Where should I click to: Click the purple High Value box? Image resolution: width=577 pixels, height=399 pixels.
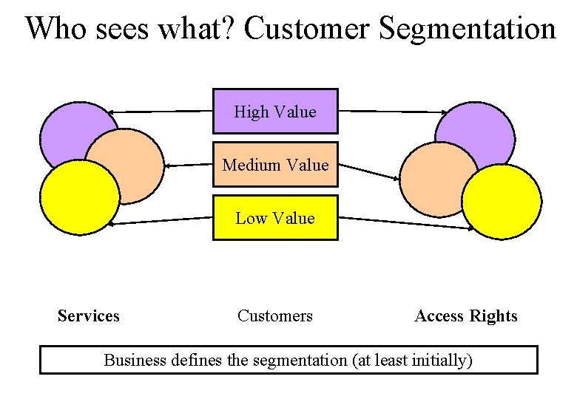pos(275,112)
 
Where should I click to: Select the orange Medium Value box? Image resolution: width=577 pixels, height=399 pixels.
pos(275,164)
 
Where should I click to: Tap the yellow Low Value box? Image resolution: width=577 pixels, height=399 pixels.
pos(275,218)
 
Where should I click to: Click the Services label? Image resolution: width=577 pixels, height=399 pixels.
pos(88,316)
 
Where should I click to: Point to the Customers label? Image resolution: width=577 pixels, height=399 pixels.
pos(275,316)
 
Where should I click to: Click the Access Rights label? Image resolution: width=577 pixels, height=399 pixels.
pos(466,316)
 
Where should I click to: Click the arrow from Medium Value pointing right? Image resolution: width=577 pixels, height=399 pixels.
pos(370,171)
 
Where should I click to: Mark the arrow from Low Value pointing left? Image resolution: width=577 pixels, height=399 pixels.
pos(159,220)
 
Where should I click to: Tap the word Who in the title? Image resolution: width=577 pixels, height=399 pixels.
pos(55,29)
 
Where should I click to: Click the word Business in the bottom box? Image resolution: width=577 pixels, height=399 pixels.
pos(135,361)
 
